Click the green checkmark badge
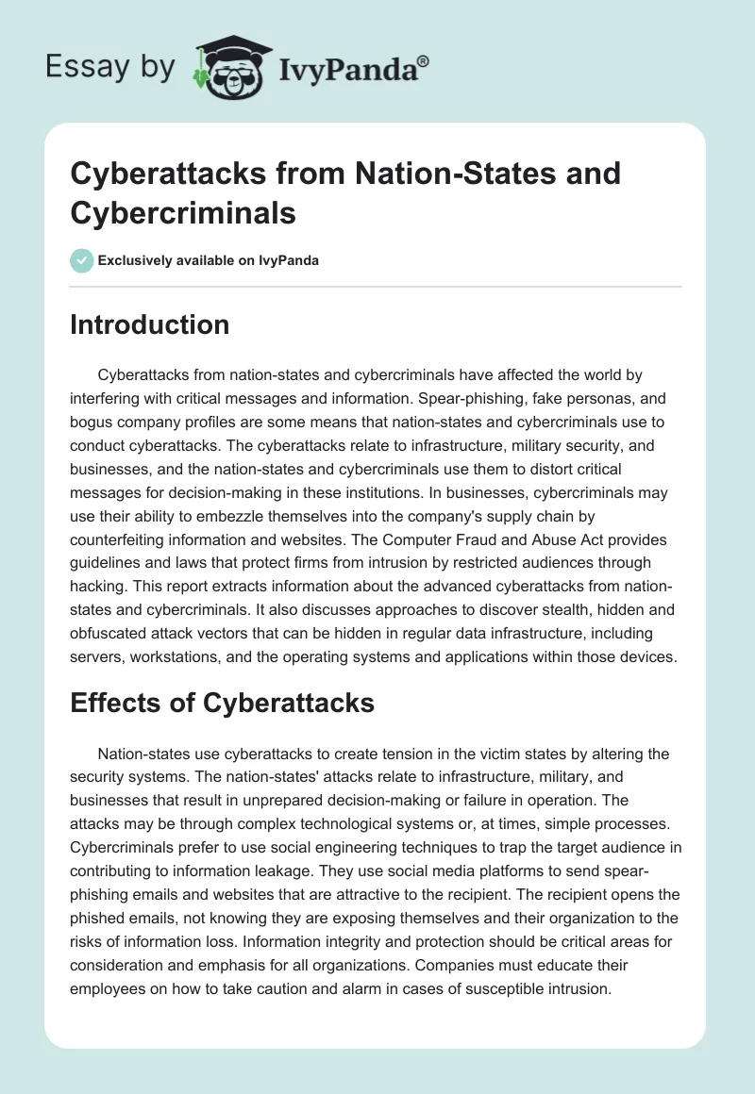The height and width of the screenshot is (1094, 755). coord(82,260)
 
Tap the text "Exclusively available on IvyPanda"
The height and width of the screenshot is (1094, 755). coord(209,261)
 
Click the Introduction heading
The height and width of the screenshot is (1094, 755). coord(150,324)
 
